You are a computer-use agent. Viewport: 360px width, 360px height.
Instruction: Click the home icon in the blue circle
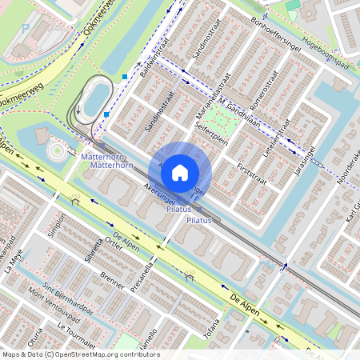pos(180,172)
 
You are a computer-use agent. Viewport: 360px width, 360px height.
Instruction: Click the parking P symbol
pos(26,28)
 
